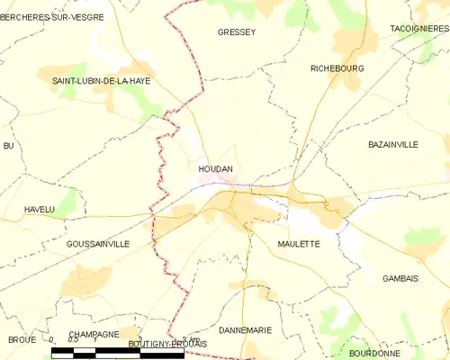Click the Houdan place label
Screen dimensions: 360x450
(216, 168)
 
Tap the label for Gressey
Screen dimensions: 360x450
(237, 32)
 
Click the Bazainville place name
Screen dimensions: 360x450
(394, 144)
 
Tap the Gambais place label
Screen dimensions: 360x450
(400, 278)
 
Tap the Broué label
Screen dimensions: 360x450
(22, 339)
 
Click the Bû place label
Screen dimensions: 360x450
(9, 145)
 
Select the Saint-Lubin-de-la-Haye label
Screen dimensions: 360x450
(101, 81)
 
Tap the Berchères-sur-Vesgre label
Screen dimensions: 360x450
(51, 16)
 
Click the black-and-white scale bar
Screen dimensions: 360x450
(118, 355)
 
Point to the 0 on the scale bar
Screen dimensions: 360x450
(52, 340)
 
